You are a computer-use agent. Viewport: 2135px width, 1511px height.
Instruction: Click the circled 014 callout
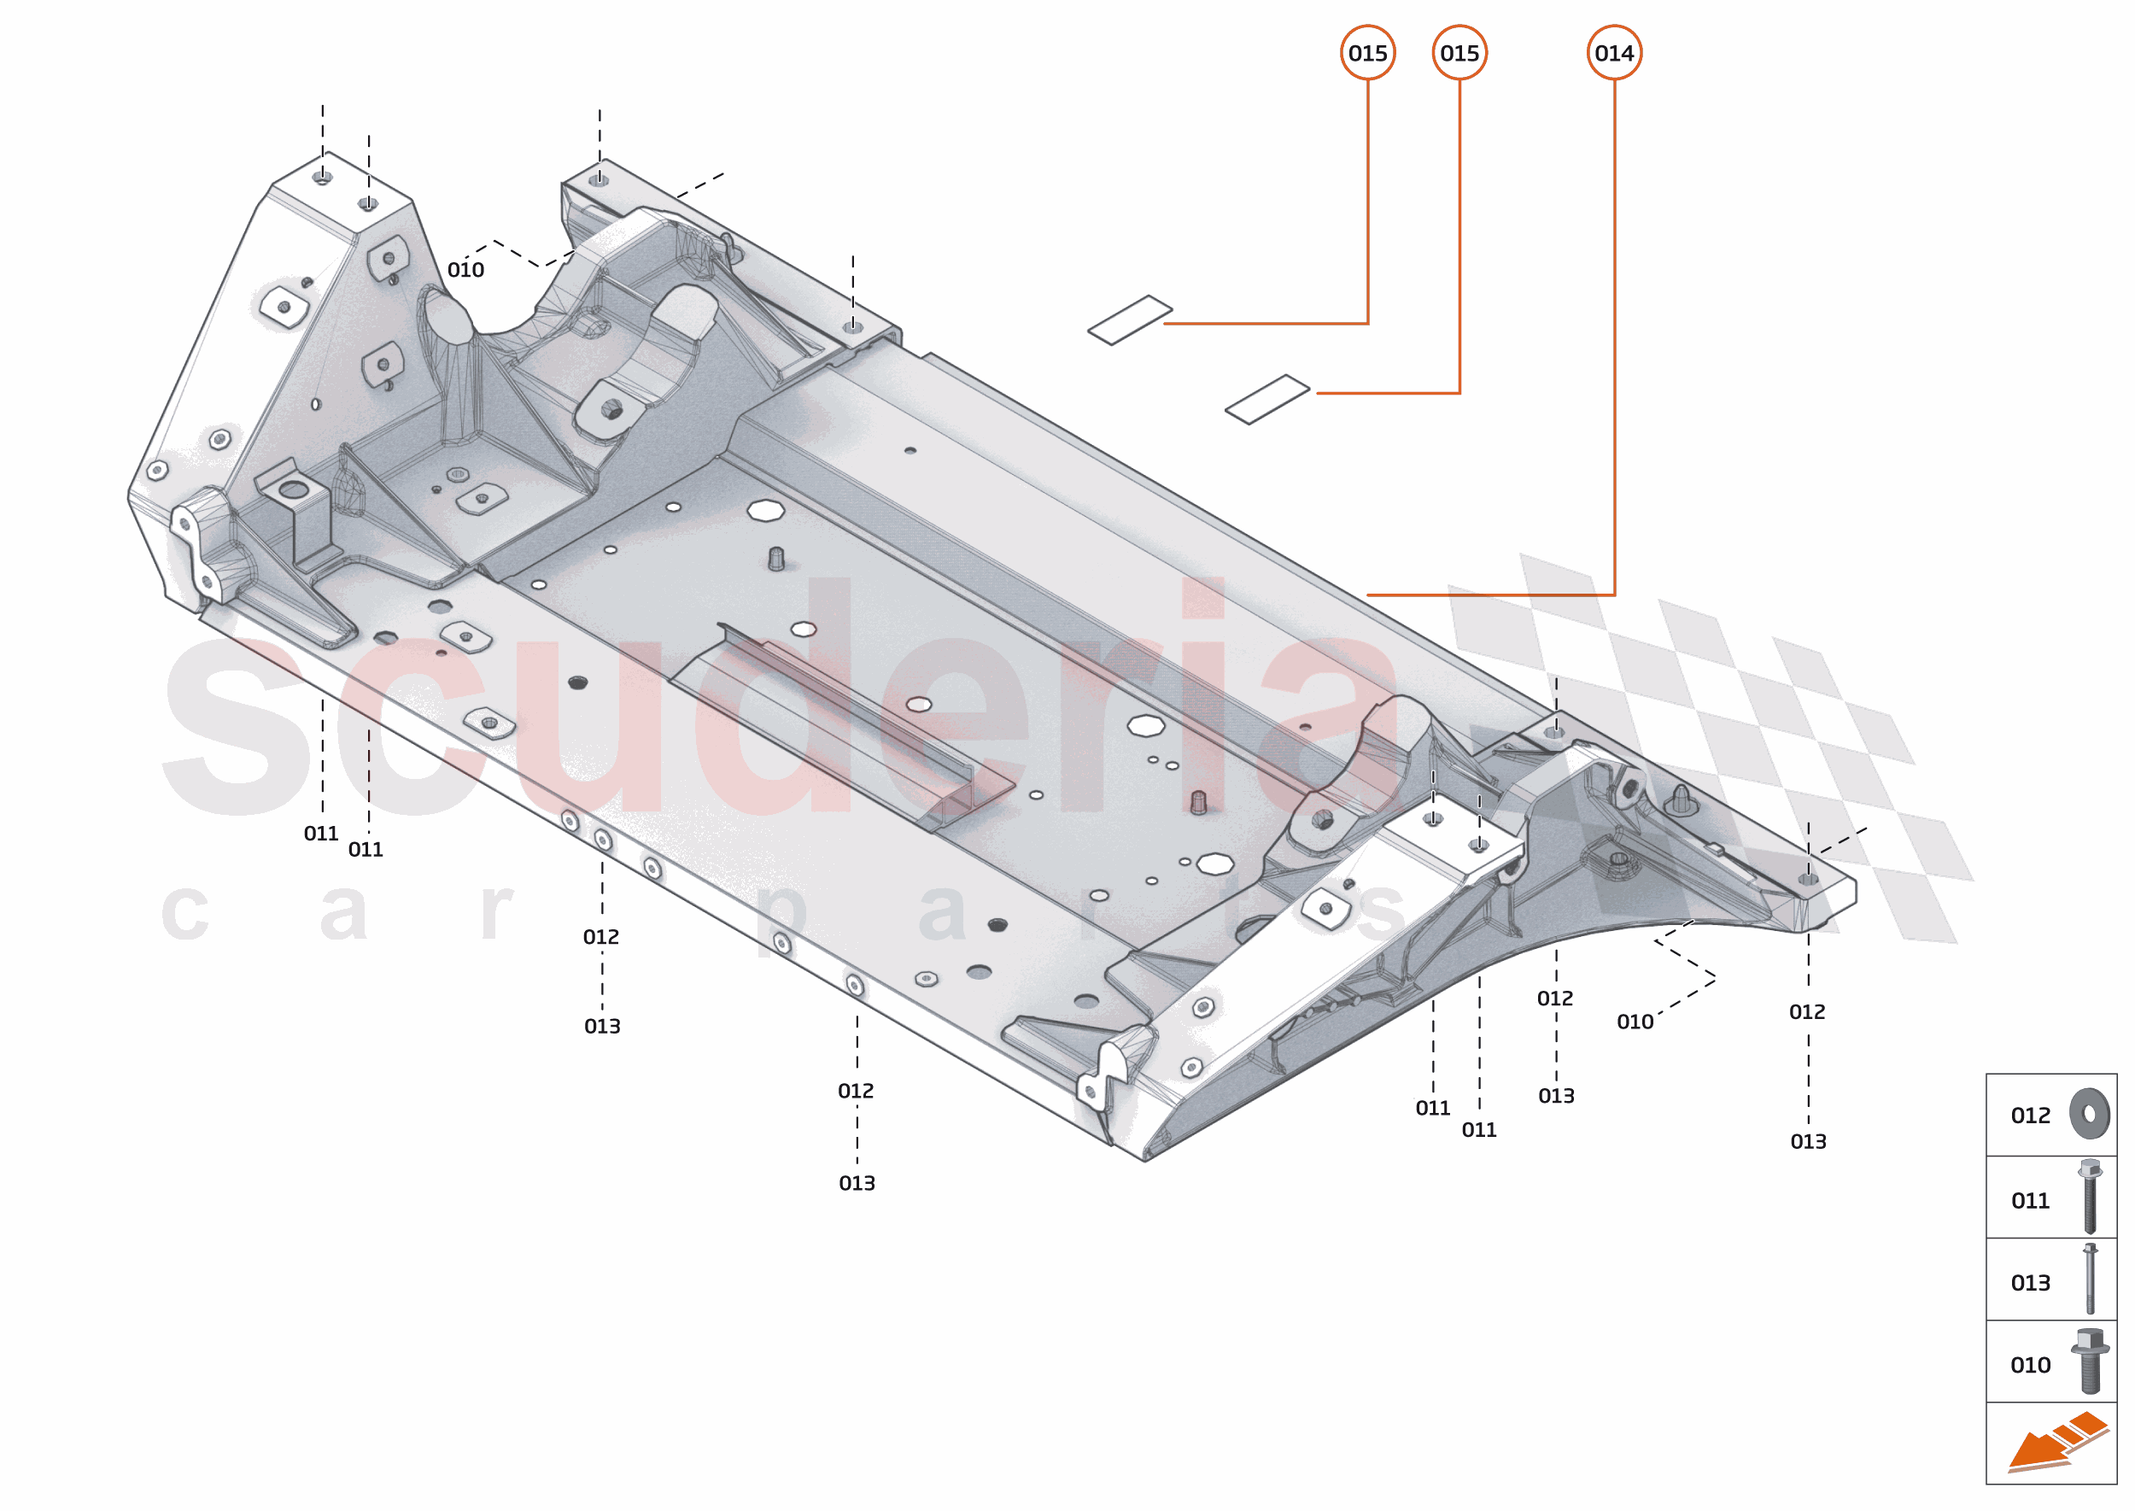(x=1613, y=53)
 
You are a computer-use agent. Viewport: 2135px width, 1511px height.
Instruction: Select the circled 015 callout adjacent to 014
(x=1459, y=53)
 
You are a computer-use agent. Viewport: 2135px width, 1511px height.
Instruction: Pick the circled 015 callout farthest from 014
(x=1366, y=53)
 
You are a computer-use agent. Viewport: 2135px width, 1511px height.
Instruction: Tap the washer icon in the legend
(x=2090, y=1113)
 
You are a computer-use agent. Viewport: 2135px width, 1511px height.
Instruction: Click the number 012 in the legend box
(x=2030, y=1116)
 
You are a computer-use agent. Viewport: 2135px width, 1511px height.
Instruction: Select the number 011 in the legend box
(x=2030, y=1201)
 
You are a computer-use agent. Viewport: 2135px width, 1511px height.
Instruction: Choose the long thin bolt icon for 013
(x=2090, y=1279)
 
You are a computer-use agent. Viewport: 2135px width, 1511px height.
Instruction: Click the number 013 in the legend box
(x=2030, y=1283)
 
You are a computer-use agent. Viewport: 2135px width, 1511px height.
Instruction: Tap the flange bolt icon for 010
(x=2090, y=1361)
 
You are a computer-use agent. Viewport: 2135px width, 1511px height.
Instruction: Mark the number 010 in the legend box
(x=2030, y=1365)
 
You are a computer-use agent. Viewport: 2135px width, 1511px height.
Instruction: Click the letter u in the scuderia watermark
(x=586, y=726)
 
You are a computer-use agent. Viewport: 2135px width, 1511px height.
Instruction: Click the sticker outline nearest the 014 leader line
(x=1266, y=399)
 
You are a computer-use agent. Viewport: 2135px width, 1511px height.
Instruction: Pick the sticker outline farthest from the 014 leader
(x=1129, y=319)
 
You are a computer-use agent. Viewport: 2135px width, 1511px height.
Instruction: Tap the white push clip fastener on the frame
(x=1681, y=799)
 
